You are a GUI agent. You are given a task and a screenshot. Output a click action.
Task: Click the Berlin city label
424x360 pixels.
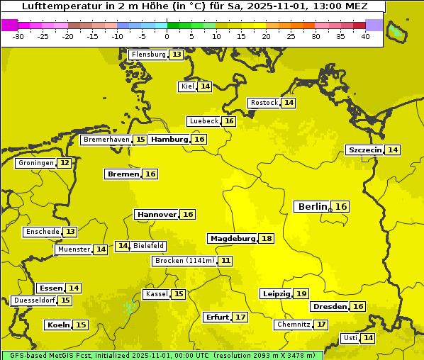(x=312, y=206)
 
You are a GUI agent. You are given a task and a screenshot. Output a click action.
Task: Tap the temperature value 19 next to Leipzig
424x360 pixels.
(x=301, y=293)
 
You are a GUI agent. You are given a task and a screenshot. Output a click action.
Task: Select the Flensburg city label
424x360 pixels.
(x=149, y=55)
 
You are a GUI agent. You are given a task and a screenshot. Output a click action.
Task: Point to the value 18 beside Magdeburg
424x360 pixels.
(x=267, y=238)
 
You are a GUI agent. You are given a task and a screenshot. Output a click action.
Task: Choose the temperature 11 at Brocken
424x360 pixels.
(x=225, y=261)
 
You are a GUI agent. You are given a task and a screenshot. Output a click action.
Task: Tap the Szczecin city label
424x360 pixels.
(x=364, y=150)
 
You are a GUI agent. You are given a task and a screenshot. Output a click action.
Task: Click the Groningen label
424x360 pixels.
(x=36, y=163)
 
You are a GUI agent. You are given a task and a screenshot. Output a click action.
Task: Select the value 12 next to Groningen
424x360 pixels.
(x=65, y=163)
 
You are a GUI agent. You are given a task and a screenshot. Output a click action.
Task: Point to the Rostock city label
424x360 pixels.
(x=264, y=103)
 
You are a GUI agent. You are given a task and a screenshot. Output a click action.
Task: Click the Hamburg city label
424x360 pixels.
(x=169, y=140)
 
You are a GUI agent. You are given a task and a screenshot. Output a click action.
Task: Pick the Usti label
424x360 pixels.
(x=350, y=338)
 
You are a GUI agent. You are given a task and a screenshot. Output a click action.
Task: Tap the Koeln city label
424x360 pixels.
(x=58, y=325)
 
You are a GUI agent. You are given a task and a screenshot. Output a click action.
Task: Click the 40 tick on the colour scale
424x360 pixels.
(x=365, y=36)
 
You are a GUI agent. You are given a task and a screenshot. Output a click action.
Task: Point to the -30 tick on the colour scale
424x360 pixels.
(x=18, y=36)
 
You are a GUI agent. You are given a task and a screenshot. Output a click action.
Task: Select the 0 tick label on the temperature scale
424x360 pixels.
(x=167, y=36)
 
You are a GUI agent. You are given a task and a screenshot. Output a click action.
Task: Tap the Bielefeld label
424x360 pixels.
(x=148, y=246)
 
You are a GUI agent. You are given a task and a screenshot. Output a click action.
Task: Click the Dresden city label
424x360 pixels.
(x=330, y=306)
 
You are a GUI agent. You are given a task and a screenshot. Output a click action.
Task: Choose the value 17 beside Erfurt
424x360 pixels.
(x=241, y=317)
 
